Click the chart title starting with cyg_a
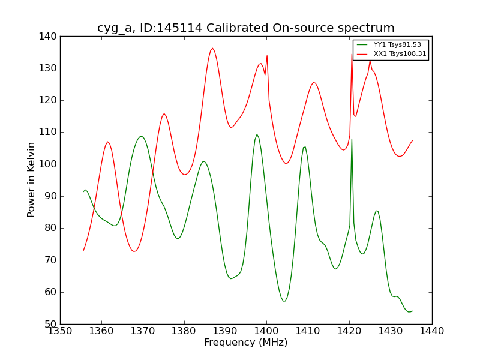pos(246,28)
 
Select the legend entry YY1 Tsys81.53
pos(396,45)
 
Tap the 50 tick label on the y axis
pos(51,324)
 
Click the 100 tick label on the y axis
pos(49,164)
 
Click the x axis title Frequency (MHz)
pos(246,343)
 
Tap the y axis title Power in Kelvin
pos(31,179)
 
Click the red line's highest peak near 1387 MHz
pos(212,49)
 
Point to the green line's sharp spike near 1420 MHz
pos(352,139)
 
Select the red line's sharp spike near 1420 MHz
pos(352,54)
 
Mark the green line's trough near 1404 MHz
pos(284,301)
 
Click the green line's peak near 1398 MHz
pos(257,134)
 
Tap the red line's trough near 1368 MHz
pos(134,251)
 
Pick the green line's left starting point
pos(83,191)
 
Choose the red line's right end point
pos(412,140)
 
